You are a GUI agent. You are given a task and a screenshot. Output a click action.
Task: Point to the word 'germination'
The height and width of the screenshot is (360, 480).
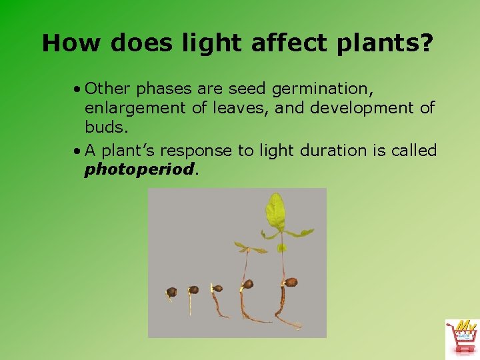329,88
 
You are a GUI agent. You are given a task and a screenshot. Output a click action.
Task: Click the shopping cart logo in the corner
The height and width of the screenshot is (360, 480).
461,338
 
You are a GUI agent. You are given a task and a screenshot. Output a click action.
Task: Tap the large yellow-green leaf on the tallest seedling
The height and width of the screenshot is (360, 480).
275,211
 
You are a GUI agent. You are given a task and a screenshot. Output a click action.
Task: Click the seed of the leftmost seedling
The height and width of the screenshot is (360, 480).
171,292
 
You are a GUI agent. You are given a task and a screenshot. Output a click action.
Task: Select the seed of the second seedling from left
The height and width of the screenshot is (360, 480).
193,290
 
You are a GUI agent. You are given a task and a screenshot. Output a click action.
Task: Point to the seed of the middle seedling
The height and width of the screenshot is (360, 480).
217,289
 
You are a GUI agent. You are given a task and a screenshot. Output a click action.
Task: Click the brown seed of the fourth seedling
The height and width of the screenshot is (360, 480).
247,284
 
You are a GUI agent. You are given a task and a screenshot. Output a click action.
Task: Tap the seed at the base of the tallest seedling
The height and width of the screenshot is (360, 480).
290,283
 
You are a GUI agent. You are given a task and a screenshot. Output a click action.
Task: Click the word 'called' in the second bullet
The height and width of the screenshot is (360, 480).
414,151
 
